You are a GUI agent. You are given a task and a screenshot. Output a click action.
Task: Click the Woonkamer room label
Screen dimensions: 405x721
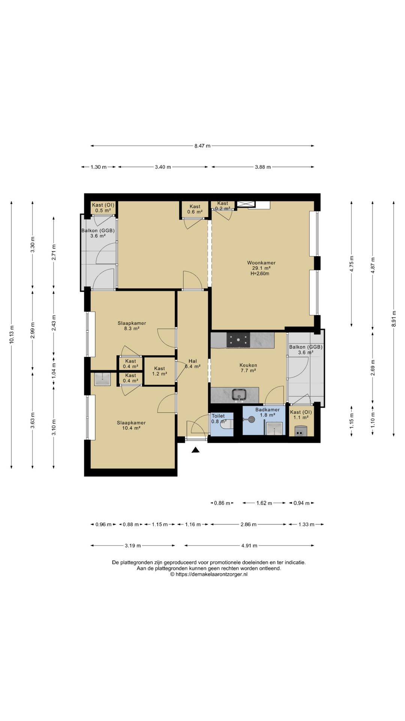coord(261,263)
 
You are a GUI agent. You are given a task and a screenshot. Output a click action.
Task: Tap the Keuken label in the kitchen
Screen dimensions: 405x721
coord(248,365)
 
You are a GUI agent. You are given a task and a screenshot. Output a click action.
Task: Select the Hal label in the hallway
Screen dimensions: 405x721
coord(193,361)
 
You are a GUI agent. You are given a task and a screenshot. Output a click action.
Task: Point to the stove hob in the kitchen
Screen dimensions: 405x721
coord(238,340)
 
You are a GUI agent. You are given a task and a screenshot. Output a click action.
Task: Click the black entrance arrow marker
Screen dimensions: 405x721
coord(195,450)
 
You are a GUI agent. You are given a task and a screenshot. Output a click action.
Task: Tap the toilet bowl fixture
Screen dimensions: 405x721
coord(227,424)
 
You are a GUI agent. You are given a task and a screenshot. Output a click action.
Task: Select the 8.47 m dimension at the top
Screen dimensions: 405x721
coord(202,146)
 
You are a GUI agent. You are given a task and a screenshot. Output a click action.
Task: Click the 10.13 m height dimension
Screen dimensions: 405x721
coord(12,334)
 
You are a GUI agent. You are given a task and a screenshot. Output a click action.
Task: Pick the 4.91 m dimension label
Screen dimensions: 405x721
coord(249,546)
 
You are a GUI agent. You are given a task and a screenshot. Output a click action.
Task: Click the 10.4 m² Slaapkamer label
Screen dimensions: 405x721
coord(131,425)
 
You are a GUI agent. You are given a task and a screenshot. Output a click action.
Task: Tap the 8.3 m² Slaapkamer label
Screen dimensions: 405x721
coord(132,326)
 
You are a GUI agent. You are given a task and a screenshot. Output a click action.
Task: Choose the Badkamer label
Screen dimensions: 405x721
coord(267,410)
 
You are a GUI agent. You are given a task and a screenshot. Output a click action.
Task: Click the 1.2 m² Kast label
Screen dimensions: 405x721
coord(159,371)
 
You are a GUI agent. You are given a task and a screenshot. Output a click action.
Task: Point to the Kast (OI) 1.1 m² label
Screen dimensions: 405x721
coord(301,415)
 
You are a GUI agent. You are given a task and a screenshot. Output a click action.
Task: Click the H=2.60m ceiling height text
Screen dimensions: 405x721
coord(260,274)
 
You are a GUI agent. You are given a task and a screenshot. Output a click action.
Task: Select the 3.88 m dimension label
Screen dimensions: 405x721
coord(263,167)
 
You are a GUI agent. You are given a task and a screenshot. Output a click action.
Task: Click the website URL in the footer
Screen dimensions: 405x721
coord(209,574)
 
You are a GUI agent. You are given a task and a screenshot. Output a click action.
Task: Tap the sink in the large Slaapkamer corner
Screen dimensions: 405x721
coord(102,379)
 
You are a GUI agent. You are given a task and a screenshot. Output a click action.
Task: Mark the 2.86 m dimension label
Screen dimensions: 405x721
coord(249,524)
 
